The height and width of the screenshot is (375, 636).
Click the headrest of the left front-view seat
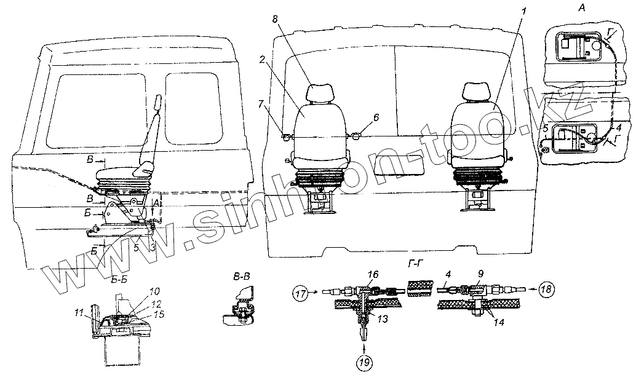(x=321, y=93)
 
